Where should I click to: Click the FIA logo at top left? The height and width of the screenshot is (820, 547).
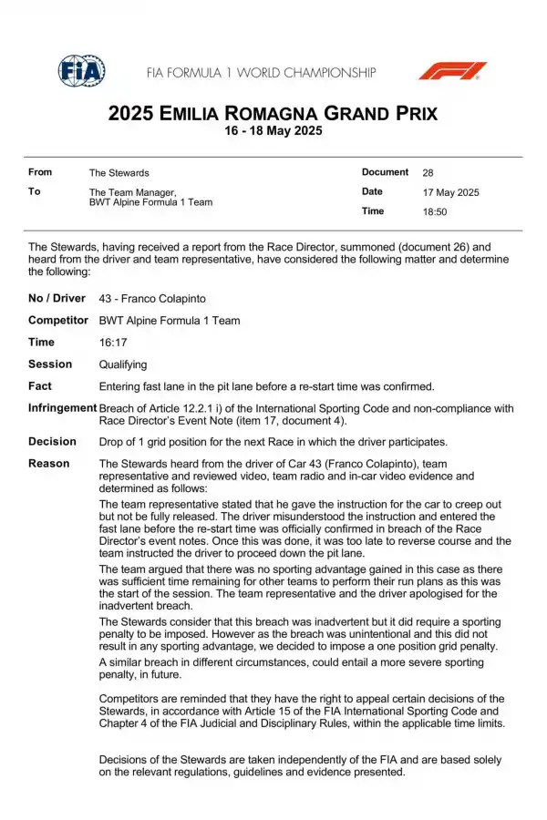coord(81,71)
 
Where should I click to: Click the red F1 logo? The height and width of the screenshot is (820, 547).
coord(452,71)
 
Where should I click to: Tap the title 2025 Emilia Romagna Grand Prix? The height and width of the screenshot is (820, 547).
coord(273,114)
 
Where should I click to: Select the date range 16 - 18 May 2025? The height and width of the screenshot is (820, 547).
coord(273,131)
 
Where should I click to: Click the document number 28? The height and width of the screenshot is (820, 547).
coord(428,172)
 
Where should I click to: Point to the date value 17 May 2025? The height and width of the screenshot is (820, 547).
coord(450,192)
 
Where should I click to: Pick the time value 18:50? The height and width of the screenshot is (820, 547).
coord(435,211)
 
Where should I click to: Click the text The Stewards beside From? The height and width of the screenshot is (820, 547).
coord(119,172)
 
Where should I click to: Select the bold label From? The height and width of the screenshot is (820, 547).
coord(40,172)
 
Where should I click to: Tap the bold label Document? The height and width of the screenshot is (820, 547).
coord(385,172)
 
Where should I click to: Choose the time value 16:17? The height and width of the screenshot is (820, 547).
coord(112,343)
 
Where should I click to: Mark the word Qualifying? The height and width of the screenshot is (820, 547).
coord(123,364)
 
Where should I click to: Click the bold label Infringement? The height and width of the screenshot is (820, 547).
coord(62,408)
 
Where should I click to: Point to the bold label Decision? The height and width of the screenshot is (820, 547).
coord(52,442)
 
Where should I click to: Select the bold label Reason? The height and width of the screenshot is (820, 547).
coord(48,464)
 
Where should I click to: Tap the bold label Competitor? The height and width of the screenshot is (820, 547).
coord(58,321)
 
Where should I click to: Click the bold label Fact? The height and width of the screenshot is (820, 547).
coord(40,386)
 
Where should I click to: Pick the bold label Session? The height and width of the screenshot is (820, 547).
coord(50,364)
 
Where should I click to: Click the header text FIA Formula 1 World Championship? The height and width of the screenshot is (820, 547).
coord(261,72)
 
